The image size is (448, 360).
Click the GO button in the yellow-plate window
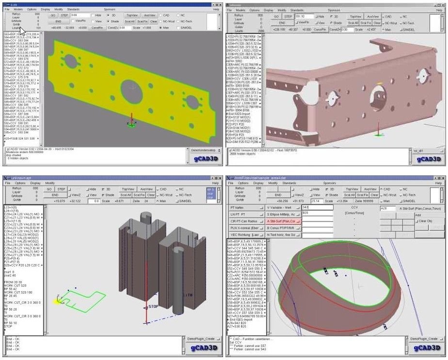point(53,16)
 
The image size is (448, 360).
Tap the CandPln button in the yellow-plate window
point(97,28)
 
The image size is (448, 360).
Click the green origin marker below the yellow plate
point(131,125)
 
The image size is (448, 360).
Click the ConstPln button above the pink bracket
point(320,29)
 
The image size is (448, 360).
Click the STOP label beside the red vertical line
point(154,306)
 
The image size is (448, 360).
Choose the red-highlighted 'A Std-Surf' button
point(283,220)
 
